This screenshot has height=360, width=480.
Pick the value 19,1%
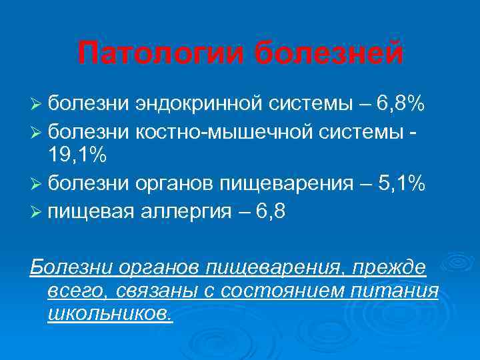[x=77, y=155]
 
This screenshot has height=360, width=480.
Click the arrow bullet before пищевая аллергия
[x=37, y=213]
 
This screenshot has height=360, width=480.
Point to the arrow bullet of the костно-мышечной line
[x=37, y=131]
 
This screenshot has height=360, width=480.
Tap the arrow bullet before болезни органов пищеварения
[x=37, y=184]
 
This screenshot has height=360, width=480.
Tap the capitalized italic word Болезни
[x=71, y=267]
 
